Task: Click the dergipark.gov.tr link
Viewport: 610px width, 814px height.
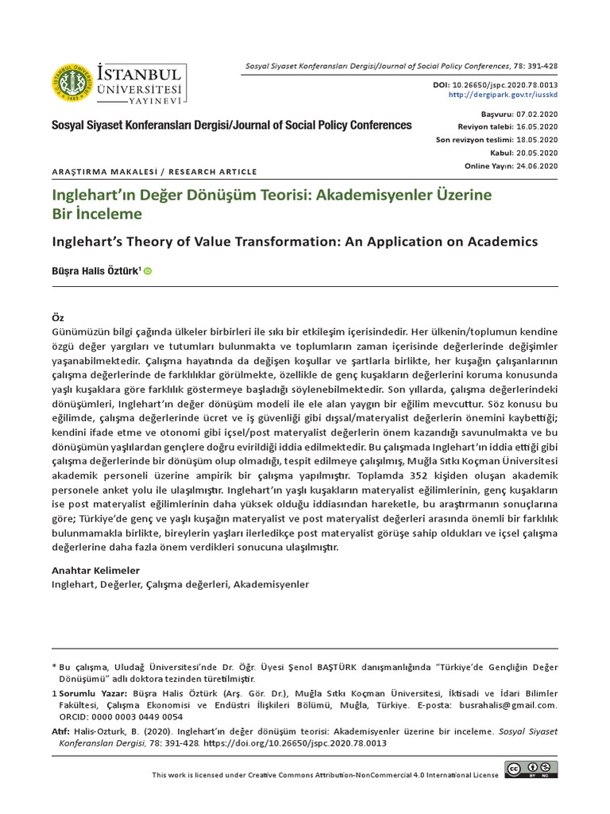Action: point(504,94)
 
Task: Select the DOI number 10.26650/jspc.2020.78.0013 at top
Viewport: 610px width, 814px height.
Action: point(504,83)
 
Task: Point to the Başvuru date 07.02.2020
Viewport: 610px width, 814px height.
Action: point(538,114)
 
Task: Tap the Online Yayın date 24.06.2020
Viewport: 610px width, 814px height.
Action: point(538,165)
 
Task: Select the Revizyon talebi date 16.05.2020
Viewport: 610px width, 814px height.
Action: point(538,127)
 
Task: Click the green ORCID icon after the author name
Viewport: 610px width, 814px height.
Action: point(148,271)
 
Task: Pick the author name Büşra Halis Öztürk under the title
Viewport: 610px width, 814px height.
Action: point(95,271)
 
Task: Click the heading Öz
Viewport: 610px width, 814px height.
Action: point(58,317)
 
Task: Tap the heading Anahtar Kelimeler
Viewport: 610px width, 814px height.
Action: point(95,571)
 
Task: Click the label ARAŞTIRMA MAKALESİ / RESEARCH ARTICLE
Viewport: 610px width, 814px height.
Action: point(154,171)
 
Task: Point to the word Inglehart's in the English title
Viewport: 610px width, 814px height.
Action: point(89,241)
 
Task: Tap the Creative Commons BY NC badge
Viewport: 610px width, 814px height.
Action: point(531,769)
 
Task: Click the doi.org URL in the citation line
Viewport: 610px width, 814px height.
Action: point(295,742)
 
